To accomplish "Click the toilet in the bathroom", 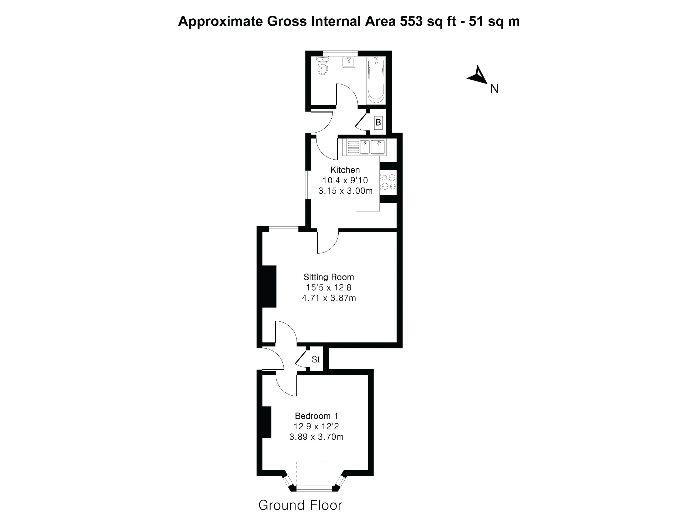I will click(x=323, y=67).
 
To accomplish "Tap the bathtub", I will click(x=376, y=81).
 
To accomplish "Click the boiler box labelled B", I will click(x=378, y=122).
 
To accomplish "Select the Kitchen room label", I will click(x=345, y=170).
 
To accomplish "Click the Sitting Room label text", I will click(x=329, y=277).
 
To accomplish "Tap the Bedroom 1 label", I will click(x=317, y=416).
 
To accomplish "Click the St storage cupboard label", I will click(x=315, y=359).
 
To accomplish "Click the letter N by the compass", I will click(x=494, y=89).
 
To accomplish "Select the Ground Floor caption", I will click(x=300, y=505).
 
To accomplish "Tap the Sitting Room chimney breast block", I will click(x=269, y=286).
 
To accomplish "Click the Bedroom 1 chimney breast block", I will click(x=267, y=422).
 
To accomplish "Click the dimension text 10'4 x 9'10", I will click(x=345, y=180).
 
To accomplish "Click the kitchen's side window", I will click(x=308, y=185).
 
